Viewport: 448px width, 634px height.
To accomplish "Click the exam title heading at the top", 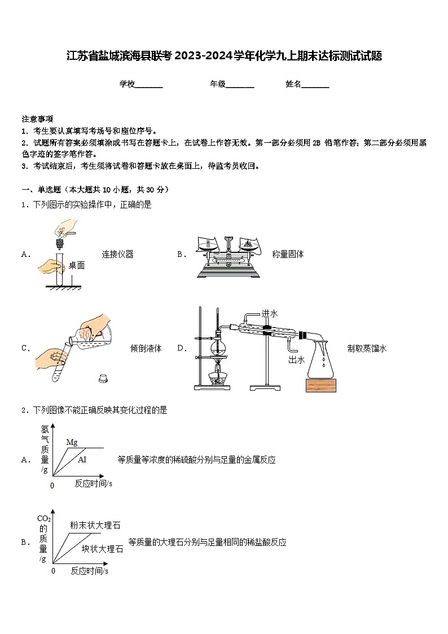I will click(224, 56).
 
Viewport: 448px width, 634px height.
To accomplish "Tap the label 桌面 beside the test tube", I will click(77, 265).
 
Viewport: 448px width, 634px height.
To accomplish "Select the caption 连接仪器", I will click(117, 254).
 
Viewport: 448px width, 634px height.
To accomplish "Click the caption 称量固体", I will click(288, 254).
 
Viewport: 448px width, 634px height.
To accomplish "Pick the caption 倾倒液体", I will click(146, 348).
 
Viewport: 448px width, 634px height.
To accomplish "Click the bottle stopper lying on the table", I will click(103, 378).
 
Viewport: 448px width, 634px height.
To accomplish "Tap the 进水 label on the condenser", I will click(270, 313).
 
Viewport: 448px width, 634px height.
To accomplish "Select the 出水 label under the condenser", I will click(296, 360).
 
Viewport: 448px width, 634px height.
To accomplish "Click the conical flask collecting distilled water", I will click(320, 361).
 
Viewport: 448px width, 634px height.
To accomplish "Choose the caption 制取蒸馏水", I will click(367, 348).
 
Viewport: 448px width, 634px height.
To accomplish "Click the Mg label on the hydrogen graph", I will click(72, 442).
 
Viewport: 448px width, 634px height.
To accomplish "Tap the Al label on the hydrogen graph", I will click(82, 460).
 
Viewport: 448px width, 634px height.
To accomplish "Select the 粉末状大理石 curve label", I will click(95, 525).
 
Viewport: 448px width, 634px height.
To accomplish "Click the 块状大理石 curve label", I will click(102, 548).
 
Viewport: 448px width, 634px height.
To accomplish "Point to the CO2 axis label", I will click(44, 518).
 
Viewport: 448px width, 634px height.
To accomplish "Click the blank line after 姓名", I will click(315, 85).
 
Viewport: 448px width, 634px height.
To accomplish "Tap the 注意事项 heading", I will click(37, 119).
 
